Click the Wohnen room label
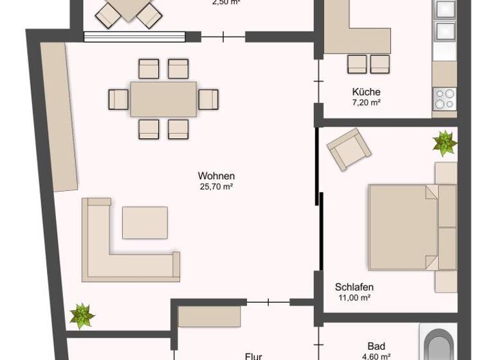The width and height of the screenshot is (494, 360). (216, 176)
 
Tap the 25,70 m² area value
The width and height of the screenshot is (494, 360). (216, 187)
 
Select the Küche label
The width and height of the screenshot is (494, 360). (366, 92)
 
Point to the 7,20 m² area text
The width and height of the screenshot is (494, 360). (366, 103)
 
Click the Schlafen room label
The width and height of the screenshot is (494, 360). (354, 287)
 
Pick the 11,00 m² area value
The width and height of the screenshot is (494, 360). (354, 298)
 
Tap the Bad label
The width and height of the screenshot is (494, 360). (376, 345)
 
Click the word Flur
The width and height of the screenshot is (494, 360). (253, 355)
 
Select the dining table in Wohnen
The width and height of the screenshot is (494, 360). (163, 99)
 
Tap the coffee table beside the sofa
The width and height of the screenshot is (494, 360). (145, 222)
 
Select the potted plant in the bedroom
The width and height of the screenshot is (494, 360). (444, 143)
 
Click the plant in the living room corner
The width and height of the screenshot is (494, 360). (82, 316)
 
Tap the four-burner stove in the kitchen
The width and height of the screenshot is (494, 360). (444, 100)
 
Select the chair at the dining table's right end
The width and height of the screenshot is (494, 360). (208, 99)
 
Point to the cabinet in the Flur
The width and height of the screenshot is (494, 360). (209, 316)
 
